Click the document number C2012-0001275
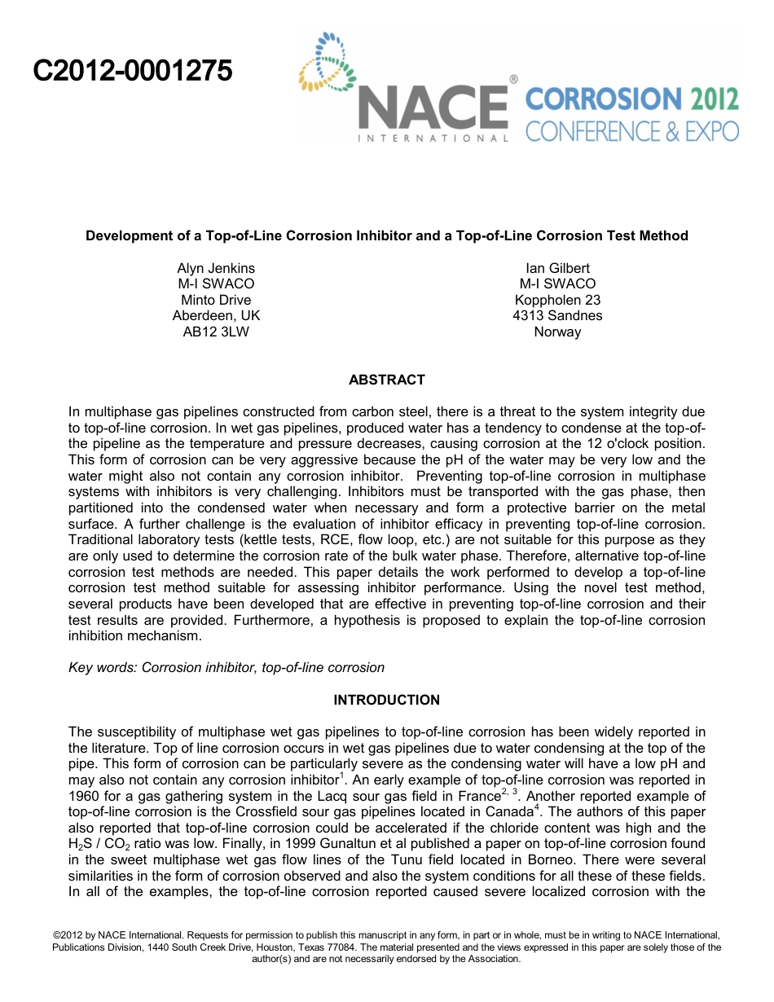(132, 72)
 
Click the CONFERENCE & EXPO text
(631, 130)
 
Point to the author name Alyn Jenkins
(216, 268)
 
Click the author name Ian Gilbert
(557, 268)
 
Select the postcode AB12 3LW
(216, 332)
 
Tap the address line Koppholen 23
(557, 300)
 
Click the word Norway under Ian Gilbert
(557, 332)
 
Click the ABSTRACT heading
(386, 380)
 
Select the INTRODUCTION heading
(386, 700)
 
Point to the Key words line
(226, 667)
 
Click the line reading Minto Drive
(216, 300)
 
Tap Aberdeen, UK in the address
(216, 315)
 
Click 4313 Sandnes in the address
(557, 315)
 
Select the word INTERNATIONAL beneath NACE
(433, 138)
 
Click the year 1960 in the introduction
(85, 796)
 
